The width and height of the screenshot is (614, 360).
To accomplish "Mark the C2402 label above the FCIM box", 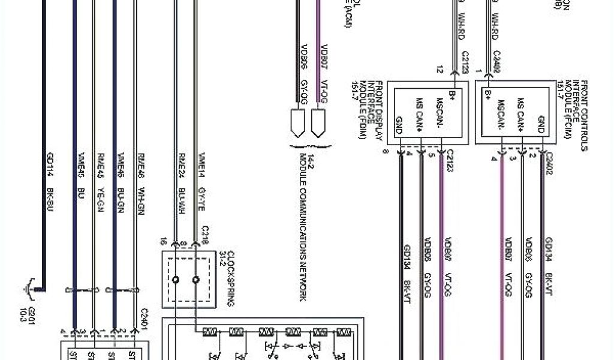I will pos(497,65).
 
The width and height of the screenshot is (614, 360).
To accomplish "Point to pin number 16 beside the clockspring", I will pos(162,242).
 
